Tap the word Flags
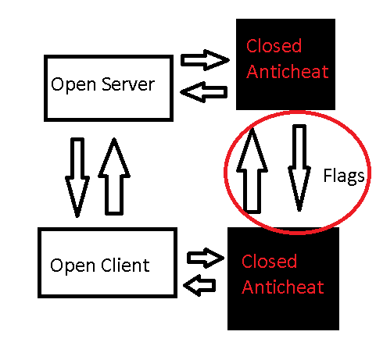(343, 176)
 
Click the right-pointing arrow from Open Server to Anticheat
(205, 60)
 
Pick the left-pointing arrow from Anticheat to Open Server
(204, 92)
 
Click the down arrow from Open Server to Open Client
(77, 177)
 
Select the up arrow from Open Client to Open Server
(114, 176)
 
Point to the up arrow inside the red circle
(252, 170)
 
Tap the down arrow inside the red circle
(299, 168)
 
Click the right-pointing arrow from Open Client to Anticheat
(206, 258)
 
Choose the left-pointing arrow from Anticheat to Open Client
(199, 285)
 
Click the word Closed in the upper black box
(274, 46)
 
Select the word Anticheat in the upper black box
(288, 71)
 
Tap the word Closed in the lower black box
(269, 261)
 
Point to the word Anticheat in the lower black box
(283, 287)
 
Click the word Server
(128, 84)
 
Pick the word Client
(125, 265)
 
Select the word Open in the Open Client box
(73, 266)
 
